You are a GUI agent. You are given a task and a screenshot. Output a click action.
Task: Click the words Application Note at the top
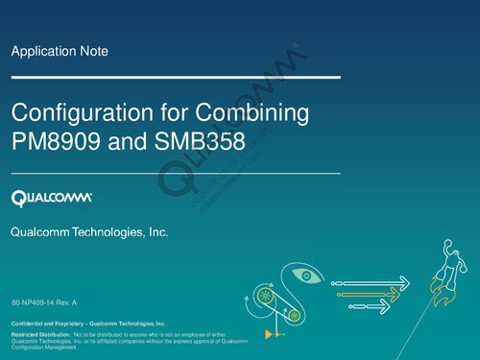(x=60, y=51)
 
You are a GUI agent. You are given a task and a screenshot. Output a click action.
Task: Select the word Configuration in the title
(x=74, y=113)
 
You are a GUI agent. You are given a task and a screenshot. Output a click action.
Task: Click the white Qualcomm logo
(x=52, y=199)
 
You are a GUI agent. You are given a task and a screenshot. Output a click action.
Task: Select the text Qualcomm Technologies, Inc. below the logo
(x=89, y=233)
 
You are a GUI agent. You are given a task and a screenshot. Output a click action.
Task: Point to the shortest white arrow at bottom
(x=370, y=305)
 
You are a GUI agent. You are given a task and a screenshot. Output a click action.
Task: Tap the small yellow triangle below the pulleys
(x=273, y=336)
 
